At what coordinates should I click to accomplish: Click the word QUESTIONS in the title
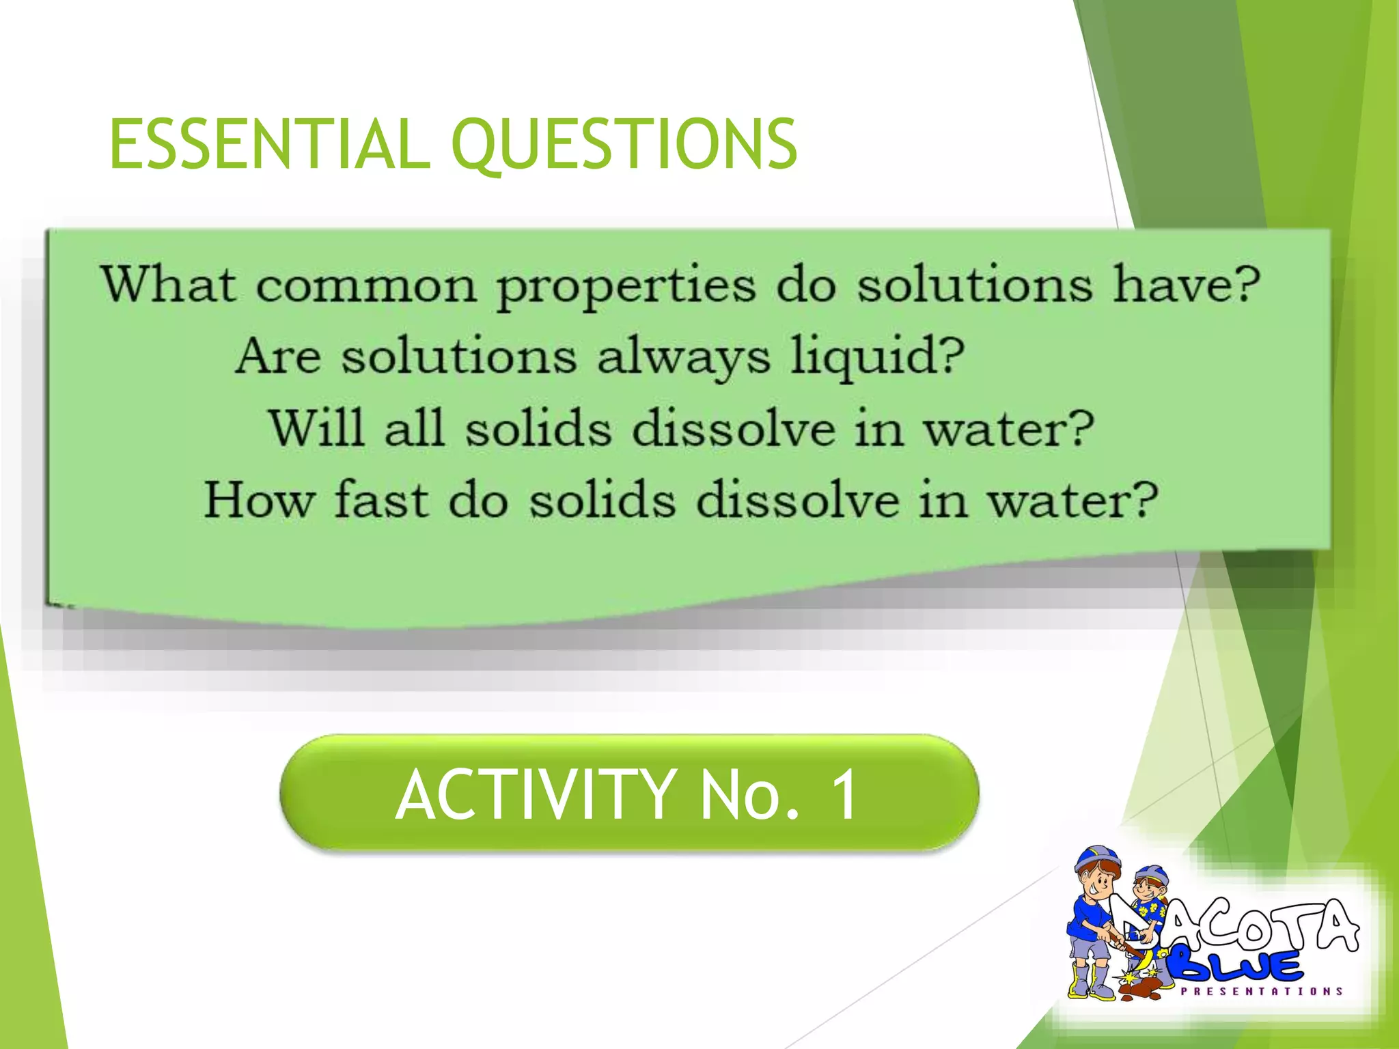pyautogui.click(x=624, y=145)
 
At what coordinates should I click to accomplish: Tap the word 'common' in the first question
pyautogui.click(x=365, y=285)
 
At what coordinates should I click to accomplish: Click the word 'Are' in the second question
pyautogui.click(x=277, y=356)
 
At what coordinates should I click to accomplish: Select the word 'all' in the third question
pyautogui.click(x=414, y=428)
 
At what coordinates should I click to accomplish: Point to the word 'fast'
pyautogui.click(x=381, y=500)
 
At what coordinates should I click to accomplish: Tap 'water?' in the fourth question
pyautogui.click(x=1072, y=500)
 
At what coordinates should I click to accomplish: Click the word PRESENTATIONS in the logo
pyautogui.click(x=1261, y=991)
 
